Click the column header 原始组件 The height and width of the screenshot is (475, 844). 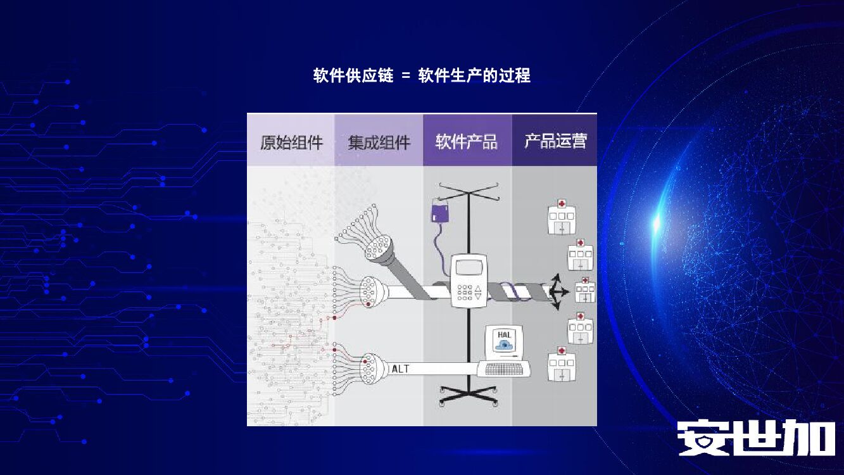tap(291, 142)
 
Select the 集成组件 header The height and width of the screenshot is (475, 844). tap(379, 142)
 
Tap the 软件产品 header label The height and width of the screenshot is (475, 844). tap(467, 142)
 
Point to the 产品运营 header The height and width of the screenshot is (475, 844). tap(555, 141)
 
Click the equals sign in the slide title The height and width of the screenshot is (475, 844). tap(406, 77)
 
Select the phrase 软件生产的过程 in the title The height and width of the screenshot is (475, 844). tap(474, 76)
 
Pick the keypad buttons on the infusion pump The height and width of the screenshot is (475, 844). tap(465, 291)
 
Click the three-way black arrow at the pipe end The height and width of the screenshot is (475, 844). tap(557, 292)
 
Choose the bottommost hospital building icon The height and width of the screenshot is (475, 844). tap(561, 364)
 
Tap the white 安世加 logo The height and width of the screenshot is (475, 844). tap(756, 438)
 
